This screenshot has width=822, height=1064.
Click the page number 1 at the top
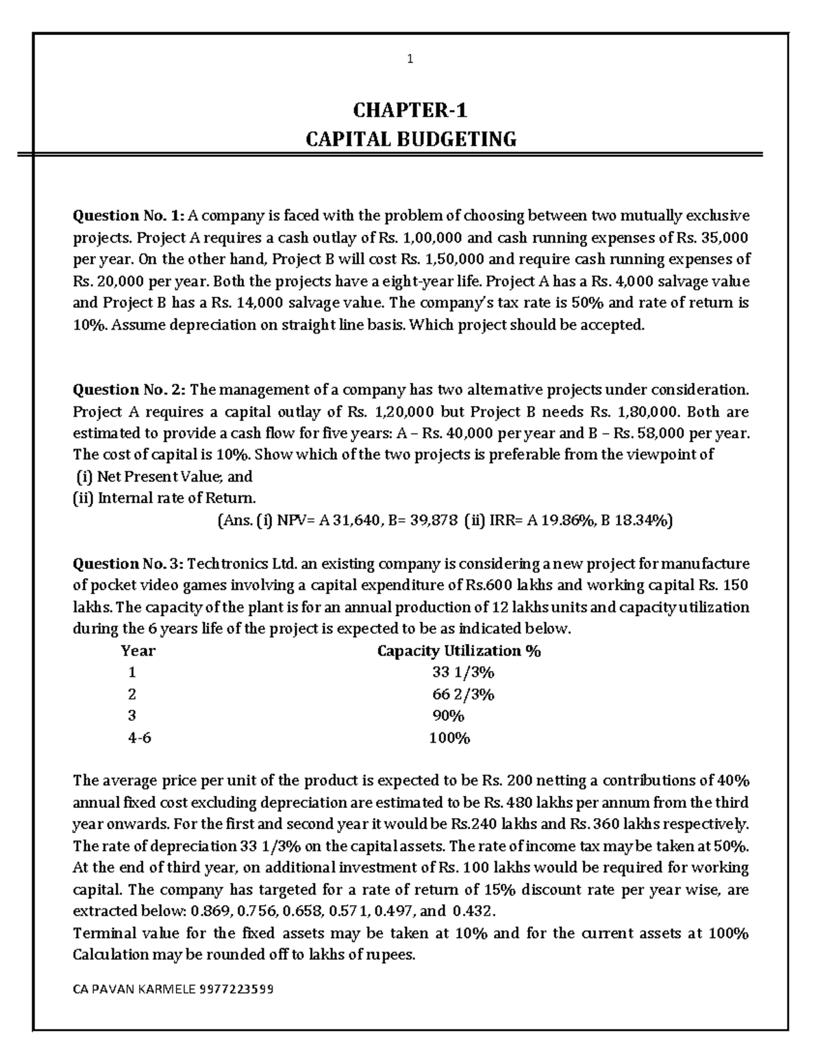[x=410, y=60]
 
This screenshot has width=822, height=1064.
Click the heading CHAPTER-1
[x=410, y=110]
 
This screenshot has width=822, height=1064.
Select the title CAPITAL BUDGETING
[x=410, y=140]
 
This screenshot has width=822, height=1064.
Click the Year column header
[x=138, y=651]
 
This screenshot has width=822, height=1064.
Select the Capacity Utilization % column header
[x=459, y=651]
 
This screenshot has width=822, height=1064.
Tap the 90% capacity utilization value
[x=449, y=716]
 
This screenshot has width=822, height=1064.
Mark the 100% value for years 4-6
[x=449, y=738]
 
